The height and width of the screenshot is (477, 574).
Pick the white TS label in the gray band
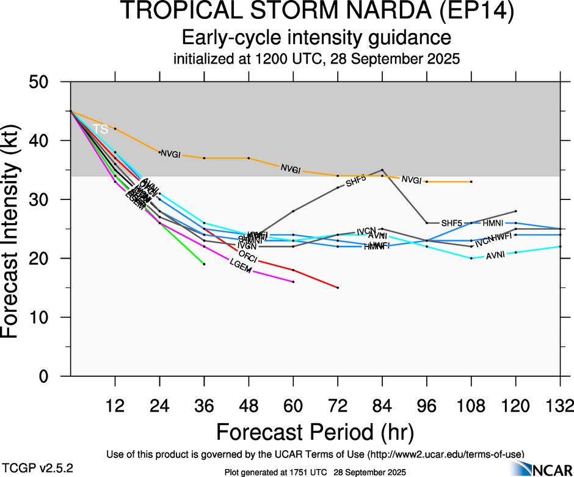(100, 129)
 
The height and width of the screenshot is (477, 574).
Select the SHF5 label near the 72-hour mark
(355, 181)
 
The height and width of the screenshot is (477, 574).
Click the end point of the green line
(204, 264)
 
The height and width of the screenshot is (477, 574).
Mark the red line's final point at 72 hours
(338, 287)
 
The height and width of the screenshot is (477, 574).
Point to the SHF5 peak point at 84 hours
(382, 170)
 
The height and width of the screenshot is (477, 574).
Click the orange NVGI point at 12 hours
(115, 128)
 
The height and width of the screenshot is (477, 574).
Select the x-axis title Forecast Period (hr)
(315, 431)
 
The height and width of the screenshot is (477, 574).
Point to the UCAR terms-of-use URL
(446, 454)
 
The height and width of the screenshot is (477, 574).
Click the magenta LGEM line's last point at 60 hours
(293, 282)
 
